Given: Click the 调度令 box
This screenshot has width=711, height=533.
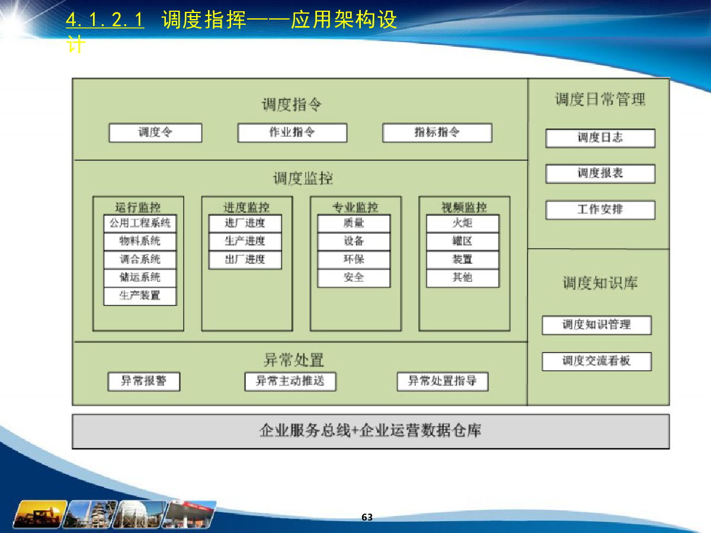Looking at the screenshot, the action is click(x=155, y=133).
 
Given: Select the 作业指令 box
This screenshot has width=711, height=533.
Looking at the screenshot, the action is click(x=292, y=133).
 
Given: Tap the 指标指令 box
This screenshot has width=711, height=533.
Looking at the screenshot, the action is click(x=437, y=133).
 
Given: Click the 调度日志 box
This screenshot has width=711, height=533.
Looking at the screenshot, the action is click(x=600, y=138).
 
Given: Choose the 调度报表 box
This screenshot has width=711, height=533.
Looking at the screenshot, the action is click(x=600, y=174).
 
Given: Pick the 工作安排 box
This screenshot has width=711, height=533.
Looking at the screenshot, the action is click(x=600, y=210).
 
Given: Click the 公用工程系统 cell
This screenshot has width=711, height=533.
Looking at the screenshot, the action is click(x=140, y=223).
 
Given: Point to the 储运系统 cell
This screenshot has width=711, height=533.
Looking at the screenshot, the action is click(x=140, y=278).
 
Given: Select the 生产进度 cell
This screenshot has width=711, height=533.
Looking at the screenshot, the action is click(x=245, y=242).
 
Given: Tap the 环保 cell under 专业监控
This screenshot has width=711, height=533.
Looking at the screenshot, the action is click(x=354, y=259).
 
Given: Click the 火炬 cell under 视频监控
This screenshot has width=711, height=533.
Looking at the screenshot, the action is click(x=463, y=223).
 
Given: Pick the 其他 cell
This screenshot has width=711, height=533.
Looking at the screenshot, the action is click(x=463, y=278).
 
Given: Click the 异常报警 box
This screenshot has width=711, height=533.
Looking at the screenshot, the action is click(x=144, y=381).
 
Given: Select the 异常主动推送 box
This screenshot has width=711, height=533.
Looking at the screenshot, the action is click(x=290, y=381).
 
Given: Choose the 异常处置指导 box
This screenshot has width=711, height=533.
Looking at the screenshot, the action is click(x=443, y=381).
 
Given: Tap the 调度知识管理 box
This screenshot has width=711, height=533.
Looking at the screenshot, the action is click(x=597, y=325).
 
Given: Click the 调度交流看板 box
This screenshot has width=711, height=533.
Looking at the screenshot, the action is click(x=597, y=361).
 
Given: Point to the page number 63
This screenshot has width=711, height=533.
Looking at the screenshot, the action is click(x=367, y=517).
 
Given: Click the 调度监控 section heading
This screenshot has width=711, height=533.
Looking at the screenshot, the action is click(x=303, y=179).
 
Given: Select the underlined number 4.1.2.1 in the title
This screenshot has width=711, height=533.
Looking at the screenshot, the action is click(x=105, y=20).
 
